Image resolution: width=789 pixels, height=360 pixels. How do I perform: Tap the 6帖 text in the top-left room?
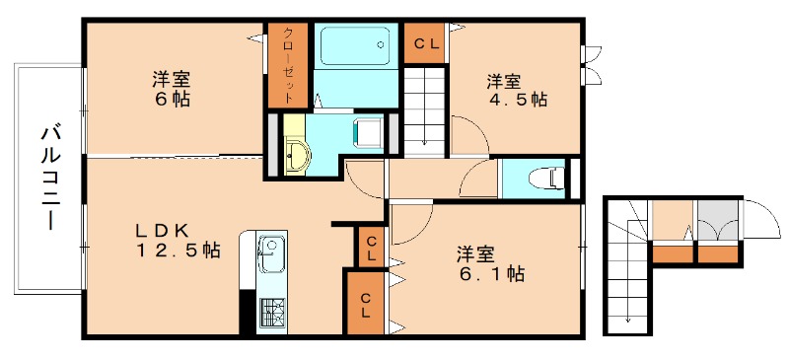171,99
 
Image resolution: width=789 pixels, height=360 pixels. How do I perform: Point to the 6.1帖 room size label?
489,275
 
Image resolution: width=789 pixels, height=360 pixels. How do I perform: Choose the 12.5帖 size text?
178,252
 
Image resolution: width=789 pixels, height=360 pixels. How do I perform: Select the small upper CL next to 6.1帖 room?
370,248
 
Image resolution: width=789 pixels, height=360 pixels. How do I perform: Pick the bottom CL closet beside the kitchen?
364,306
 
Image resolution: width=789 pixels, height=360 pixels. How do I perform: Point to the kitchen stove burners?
271,314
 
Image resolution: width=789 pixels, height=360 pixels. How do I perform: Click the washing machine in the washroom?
368,132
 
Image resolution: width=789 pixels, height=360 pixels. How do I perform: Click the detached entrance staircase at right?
625,266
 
